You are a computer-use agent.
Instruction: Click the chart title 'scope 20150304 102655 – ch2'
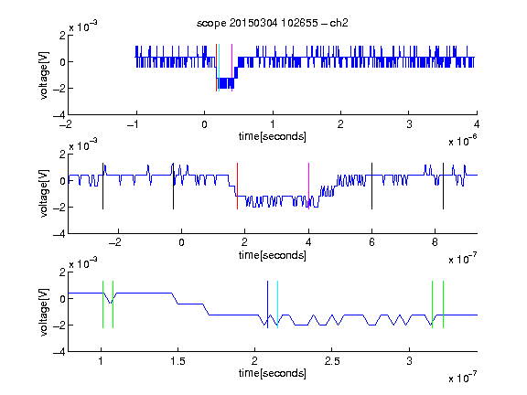(273, 23)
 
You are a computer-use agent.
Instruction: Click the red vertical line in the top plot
(217, 68)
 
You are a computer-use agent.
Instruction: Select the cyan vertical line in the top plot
(220, 68)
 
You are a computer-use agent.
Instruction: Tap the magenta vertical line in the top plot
(231, 68)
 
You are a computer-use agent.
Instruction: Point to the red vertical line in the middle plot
(237, 187)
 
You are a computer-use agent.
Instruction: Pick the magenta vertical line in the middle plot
(308, 187)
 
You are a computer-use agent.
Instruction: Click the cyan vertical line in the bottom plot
(277, 304)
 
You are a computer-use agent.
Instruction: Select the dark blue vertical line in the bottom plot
(267, 304)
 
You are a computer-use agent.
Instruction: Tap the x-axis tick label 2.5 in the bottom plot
(332, 361)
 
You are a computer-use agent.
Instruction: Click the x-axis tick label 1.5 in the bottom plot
(177, 361)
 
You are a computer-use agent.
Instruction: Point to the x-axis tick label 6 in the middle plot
(371, 242)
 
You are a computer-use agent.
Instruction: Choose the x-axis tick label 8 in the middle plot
(435, 242)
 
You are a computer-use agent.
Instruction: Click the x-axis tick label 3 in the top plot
(409, 124)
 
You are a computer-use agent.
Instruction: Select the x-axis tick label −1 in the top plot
(134, 124)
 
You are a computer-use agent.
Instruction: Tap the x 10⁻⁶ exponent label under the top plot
(463, 141)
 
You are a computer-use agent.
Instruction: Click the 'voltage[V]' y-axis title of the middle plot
(44, 194)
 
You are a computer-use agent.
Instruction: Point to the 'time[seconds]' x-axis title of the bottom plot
(273, 373)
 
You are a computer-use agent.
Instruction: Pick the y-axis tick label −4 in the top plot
(59, 115)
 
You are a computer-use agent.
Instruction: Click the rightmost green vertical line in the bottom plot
(444, 304)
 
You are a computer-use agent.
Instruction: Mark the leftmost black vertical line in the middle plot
(102, 187)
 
